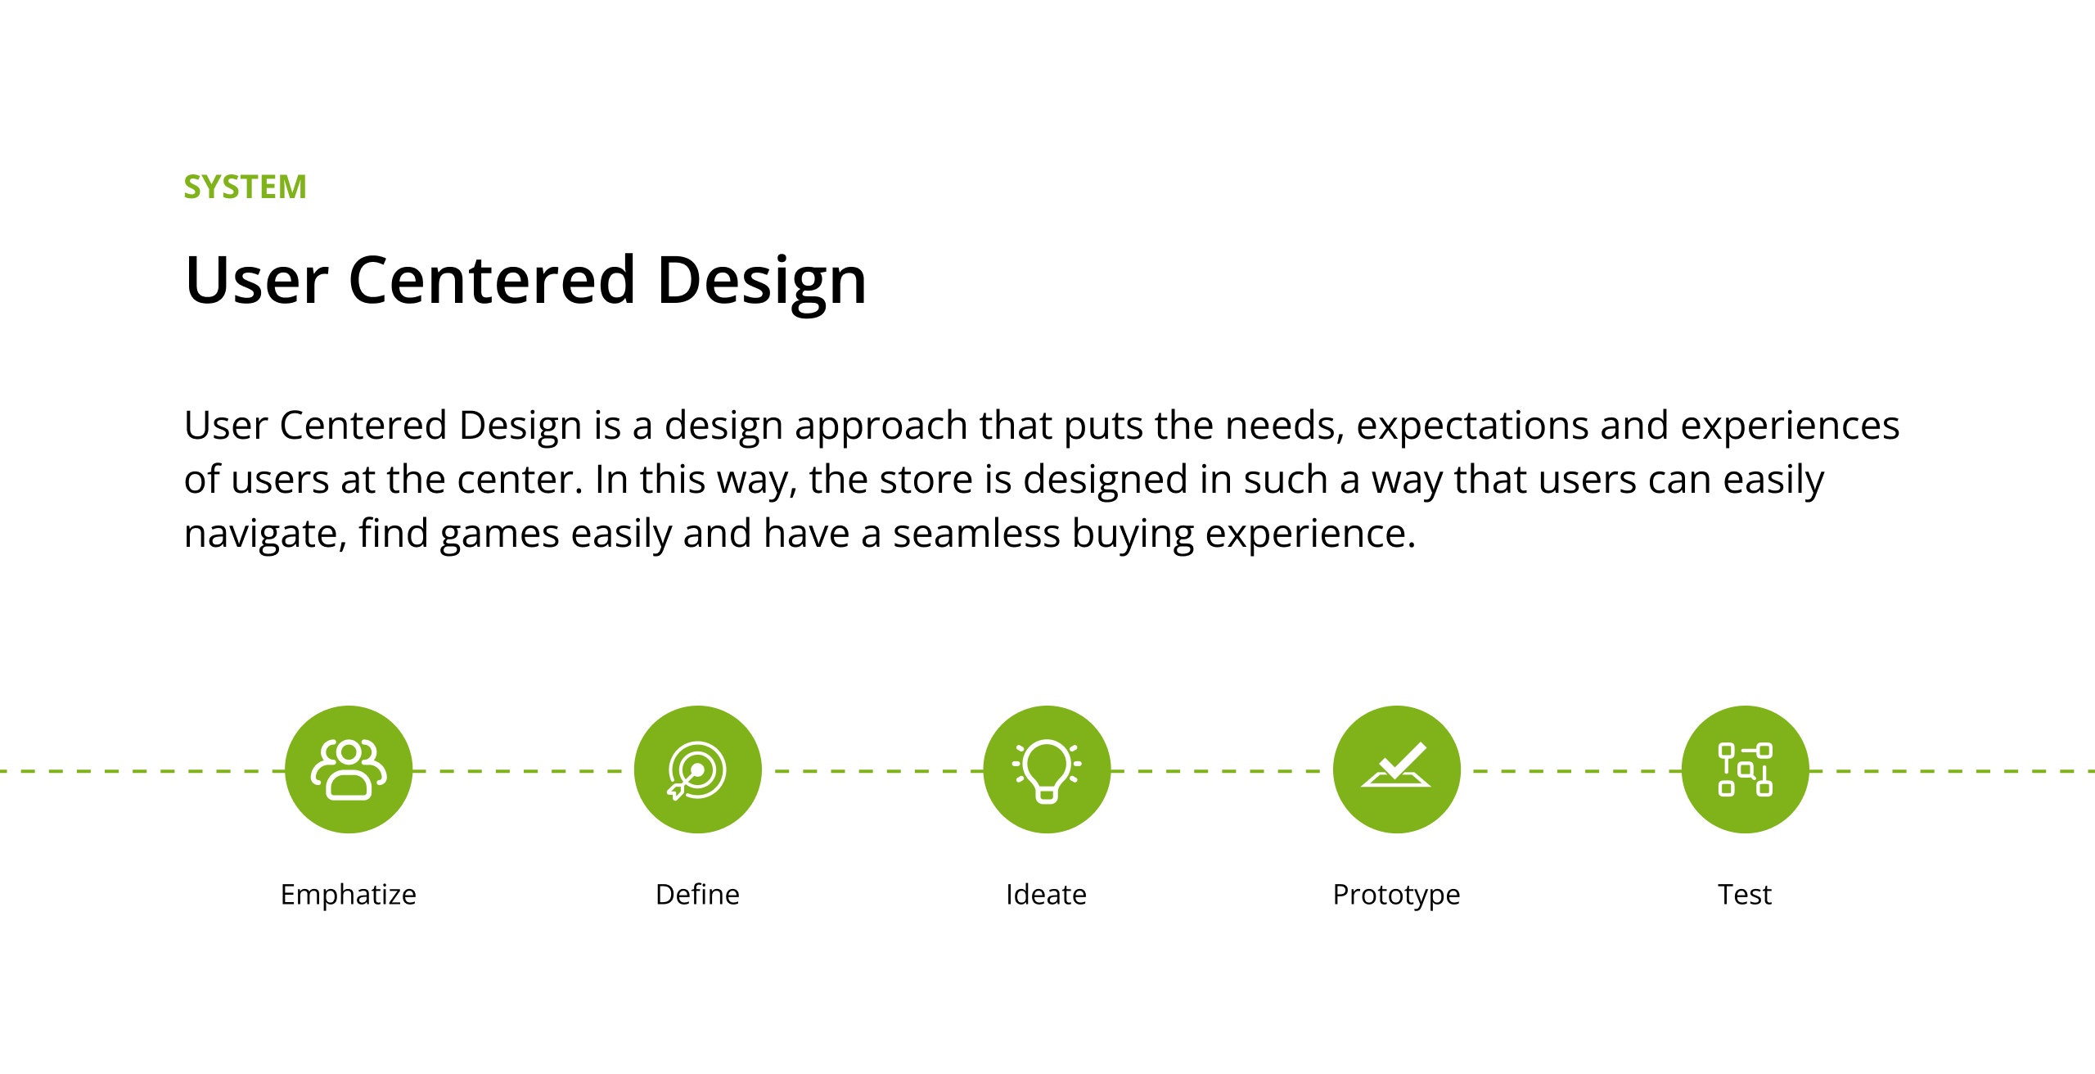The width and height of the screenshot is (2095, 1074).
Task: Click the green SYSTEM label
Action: point(245,187)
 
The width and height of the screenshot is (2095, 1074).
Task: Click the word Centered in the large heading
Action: point(492,280)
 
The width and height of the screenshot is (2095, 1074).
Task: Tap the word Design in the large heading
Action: point(761,283)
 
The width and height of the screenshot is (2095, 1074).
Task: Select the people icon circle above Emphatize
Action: point(349,769)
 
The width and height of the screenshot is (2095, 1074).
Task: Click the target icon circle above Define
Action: point(698,769)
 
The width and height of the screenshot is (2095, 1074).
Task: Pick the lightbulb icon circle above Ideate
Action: point(1047,769)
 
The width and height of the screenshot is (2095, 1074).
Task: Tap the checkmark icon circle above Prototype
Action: point(1397,769)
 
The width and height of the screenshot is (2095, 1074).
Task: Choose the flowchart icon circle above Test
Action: point(1746,769)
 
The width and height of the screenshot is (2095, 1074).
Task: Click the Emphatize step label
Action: point(349,895)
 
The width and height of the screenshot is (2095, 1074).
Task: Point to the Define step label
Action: point(698,894)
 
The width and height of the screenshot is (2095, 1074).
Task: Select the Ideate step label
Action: point(1047,894)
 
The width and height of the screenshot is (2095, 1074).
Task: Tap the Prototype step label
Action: point(1397,895)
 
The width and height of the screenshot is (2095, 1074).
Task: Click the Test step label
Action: point(1745,894)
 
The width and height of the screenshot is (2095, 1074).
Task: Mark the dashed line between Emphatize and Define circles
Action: point(524,770)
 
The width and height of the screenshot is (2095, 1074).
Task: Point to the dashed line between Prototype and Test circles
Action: point(1571,770)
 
